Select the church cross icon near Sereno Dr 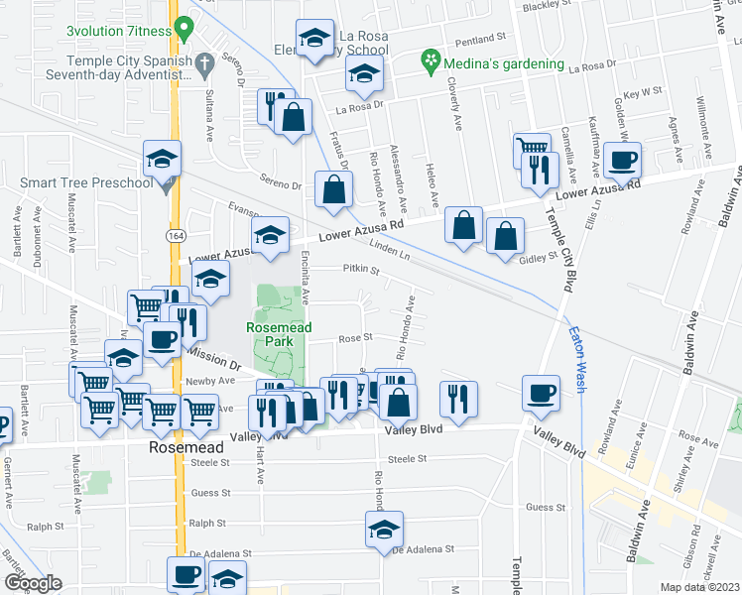click(x=204, y=65)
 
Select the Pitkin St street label click(x=360, y=269)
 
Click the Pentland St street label click(x=480, y=42)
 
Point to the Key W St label click(x=642, y=91)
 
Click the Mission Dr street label click(x=214, y=364)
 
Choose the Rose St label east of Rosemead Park click(x=354, y=337)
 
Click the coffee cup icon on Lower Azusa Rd click(x=623, y=161)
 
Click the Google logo click(x=33, y=582)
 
